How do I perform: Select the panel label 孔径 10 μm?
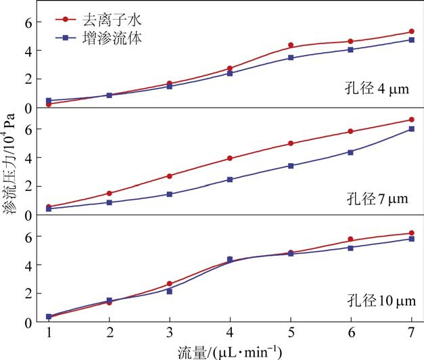point(373,300)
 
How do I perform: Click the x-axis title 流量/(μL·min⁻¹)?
point(230,351)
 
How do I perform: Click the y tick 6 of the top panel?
point(28,22)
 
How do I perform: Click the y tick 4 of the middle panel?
point(28,158)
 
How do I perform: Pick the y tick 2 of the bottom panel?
point(28,293)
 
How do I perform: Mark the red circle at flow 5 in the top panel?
point(291,45)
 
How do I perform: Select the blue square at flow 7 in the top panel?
point(411,40)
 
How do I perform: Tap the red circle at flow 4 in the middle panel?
point(230,158)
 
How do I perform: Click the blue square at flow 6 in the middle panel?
point(351,152)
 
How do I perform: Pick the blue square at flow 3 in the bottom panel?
point(170,291)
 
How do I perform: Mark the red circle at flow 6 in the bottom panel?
point(351,239)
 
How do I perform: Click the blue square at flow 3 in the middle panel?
point(170,194)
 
